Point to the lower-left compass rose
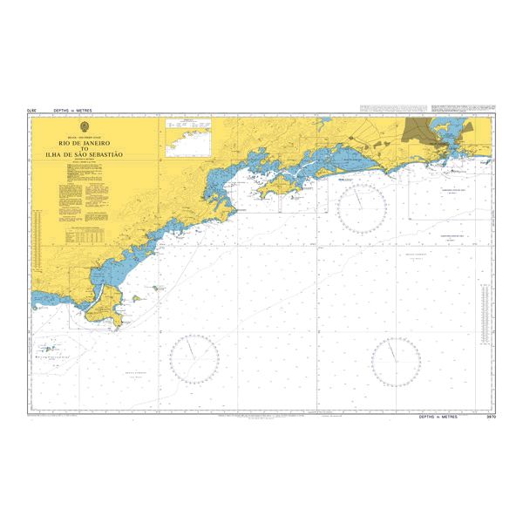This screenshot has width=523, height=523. [x=194, y=358]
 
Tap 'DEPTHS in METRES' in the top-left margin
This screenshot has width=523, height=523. [x=72, y=112]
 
